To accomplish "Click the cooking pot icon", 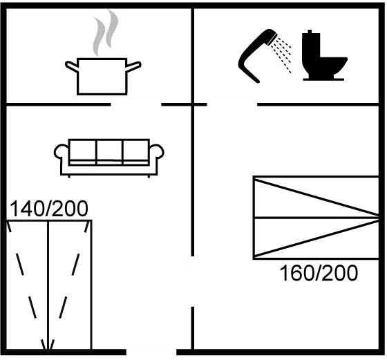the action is pos(102,77).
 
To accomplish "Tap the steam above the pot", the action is pos(105,32).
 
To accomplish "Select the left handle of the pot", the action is pos(72,66).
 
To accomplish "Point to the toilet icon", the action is pos(324,55).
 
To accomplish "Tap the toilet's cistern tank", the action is pos(311,44).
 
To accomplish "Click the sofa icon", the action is pos(109,158).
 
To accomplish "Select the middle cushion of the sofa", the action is pos(109,151).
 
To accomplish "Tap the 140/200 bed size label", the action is pos(48,209).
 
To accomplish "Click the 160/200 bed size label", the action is pos(319,273).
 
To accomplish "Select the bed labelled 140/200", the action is pos(48,285).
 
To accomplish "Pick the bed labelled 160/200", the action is pos(316,218).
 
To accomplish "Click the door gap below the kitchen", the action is pos(136,104).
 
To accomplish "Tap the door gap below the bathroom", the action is pos(232,104).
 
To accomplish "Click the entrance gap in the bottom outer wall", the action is pos(151,352).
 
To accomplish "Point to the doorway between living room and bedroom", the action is pos(192,281).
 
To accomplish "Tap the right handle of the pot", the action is pos(134,66).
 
